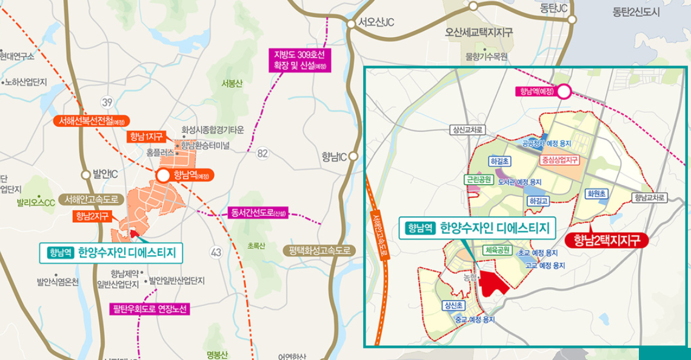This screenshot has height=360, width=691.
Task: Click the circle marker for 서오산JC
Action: [351, 24]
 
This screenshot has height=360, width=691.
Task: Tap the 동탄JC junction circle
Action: [572, 19]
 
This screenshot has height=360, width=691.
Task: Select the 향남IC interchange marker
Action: [353, 156]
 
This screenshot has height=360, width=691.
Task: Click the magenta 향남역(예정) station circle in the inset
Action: [564, 92]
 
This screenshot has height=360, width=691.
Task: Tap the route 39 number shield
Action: [107, 101]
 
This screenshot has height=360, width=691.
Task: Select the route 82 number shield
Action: [262, 153]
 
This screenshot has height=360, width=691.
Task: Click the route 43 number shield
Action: [215, 252]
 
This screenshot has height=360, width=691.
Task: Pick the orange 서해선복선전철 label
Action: [90, 121]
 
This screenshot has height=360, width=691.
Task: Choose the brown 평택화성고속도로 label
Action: [319, 250]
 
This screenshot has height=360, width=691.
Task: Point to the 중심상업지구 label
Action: [559, 160]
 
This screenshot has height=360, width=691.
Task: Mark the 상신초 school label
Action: [453, 305]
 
